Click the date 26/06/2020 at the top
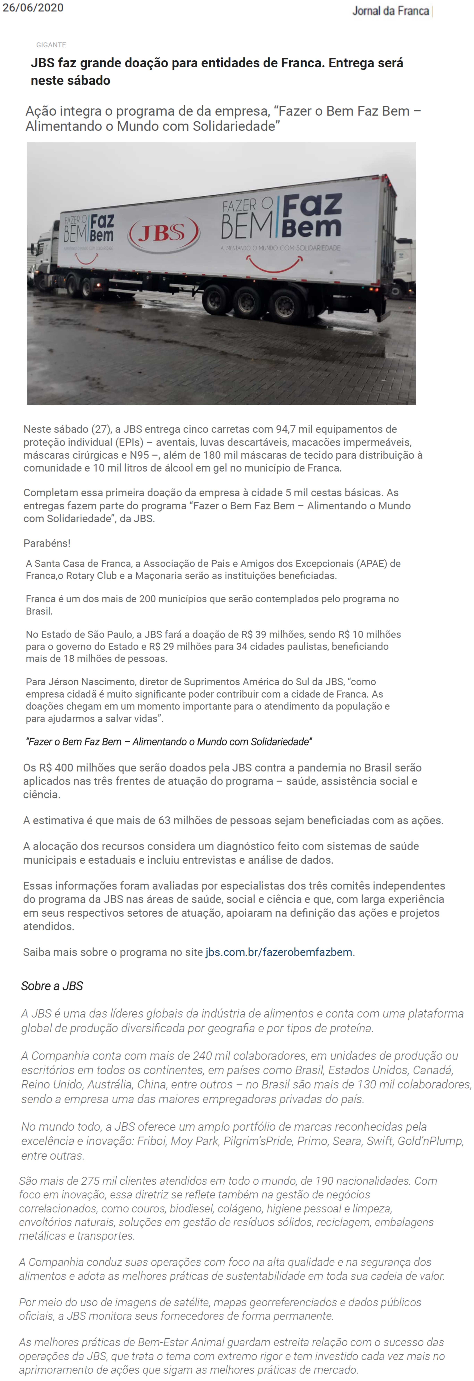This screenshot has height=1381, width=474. click(33, 7)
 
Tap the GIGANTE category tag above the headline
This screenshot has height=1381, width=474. click(51, 45)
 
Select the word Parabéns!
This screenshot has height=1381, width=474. click(47, 543)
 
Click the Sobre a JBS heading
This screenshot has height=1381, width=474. click(52, 986)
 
